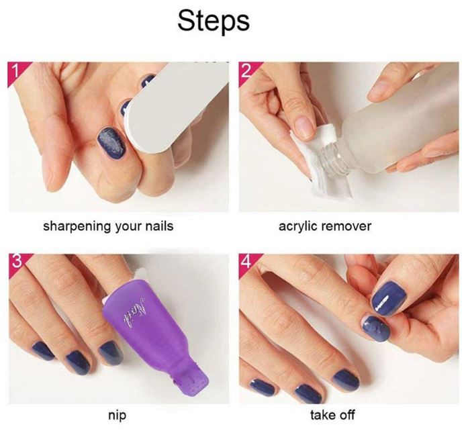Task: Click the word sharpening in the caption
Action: point(77,226)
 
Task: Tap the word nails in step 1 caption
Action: point(159,226)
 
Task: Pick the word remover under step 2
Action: point(346,227)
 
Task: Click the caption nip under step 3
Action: point(117,416)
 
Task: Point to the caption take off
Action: point(332,415)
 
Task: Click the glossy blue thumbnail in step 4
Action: point(389,296)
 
